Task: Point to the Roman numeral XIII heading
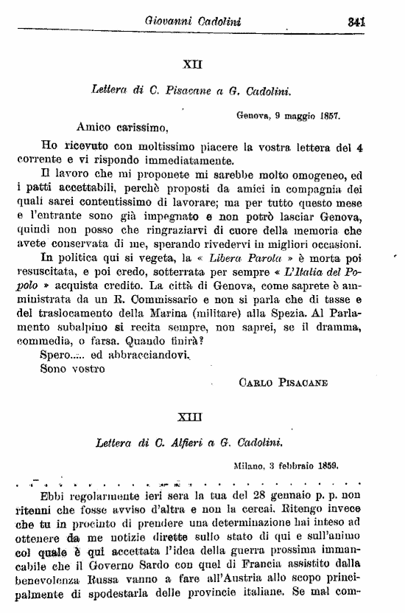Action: [x=190, y=417]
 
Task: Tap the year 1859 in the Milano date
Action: [x=324, y=466]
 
